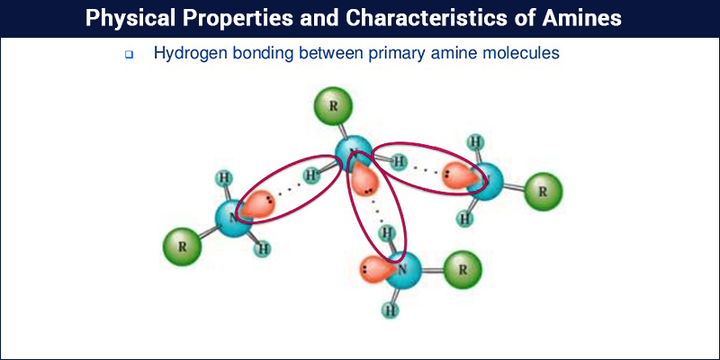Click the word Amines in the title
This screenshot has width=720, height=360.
click(581, 18)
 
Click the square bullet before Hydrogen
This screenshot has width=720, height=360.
click(129, 55)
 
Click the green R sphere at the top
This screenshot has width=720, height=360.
click(333, 106)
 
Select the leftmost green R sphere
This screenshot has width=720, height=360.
click(183, 247)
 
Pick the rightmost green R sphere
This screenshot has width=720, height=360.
click(544, 192)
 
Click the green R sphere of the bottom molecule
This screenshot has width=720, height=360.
click(463, 269)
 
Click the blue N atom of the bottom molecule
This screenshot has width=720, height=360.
click(402, 270)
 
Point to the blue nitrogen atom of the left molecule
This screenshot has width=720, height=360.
click(234, 218)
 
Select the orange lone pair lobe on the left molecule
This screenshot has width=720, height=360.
click(257, 203)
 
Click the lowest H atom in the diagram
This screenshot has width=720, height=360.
click(391, 310)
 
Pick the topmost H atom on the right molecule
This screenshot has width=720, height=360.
click(475, 142)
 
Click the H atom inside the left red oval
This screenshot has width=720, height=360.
click(311, 175)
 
